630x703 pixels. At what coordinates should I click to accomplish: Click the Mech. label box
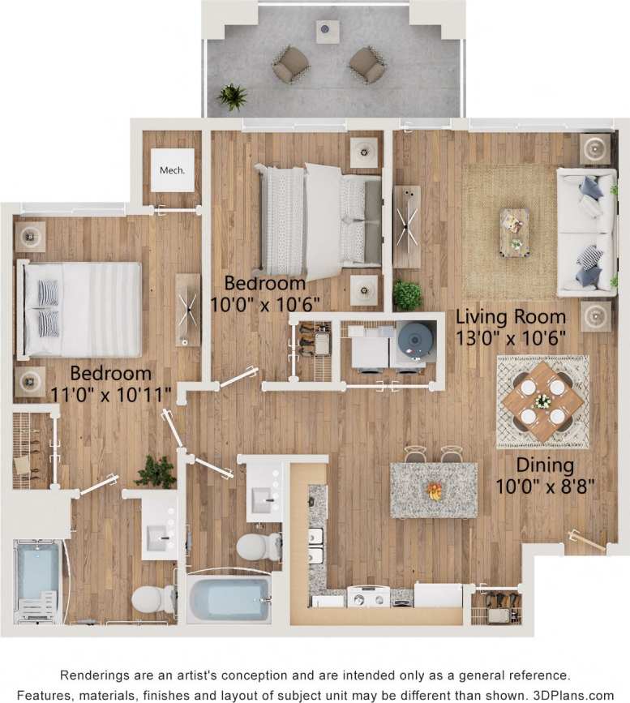coord(173,170)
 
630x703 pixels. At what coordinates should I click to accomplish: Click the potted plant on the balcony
coord(233,97)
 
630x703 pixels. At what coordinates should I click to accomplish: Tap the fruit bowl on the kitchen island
coord(435,491)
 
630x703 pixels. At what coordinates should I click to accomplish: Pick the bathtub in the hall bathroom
coord(229,598)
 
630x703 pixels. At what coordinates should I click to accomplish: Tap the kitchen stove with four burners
coord(369,598)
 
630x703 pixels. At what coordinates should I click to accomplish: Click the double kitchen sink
coord(316,547)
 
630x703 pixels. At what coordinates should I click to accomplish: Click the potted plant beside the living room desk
coord(407,294)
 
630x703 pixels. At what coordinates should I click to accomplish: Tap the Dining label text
coord(545,465)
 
